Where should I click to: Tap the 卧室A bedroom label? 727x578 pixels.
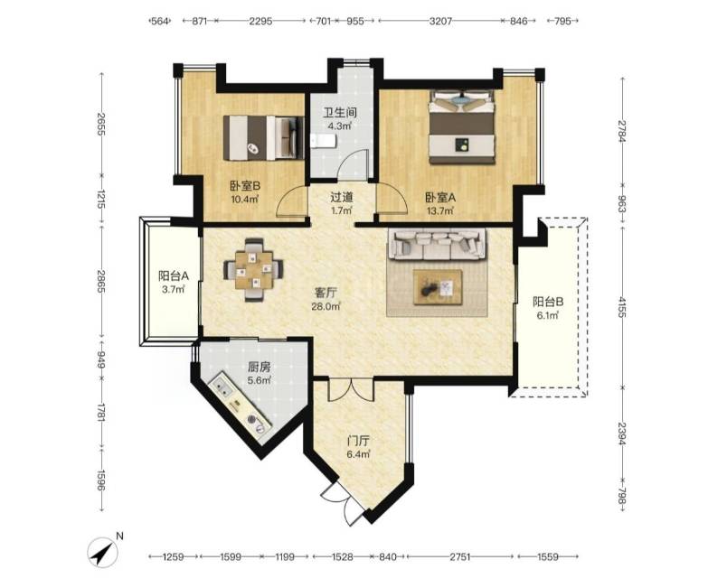point(440,198)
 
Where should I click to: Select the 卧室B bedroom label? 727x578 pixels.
point(245,186)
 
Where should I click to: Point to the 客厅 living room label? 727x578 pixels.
point(326,293)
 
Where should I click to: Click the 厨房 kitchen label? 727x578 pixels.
point(260,368)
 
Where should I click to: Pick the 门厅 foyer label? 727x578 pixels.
point(358,441)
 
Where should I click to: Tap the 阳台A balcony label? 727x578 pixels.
point(174,276)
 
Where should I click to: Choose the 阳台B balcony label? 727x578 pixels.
point(548,303)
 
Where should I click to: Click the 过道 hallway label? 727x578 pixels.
point(342,198)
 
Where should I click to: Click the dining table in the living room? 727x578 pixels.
point(253,269)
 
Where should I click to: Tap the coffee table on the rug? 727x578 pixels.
point(439,287)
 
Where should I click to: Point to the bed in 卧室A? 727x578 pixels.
point(461,127)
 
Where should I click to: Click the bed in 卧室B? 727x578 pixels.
point(263,138)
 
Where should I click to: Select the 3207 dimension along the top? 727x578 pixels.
point(440,21)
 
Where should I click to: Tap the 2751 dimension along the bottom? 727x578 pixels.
point(461,556)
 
